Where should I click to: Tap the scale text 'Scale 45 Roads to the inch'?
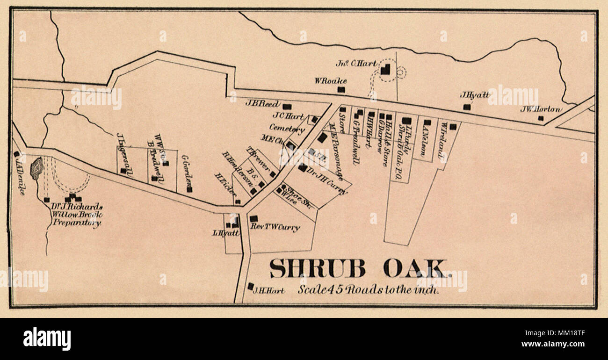point(369,290)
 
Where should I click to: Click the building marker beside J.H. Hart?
point(251,286)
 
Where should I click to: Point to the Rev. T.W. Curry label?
point(275,227)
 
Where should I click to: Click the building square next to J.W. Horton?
point(540,118)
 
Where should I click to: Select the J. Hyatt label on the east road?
point(475,94)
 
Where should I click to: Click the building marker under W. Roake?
point(341,89)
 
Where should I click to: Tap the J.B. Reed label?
point(262,103)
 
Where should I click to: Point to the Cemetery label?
point(287,127)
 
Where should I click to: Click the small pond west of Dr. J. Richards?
point(36,168)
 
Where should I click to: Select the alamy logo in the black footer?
point(47,339)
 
